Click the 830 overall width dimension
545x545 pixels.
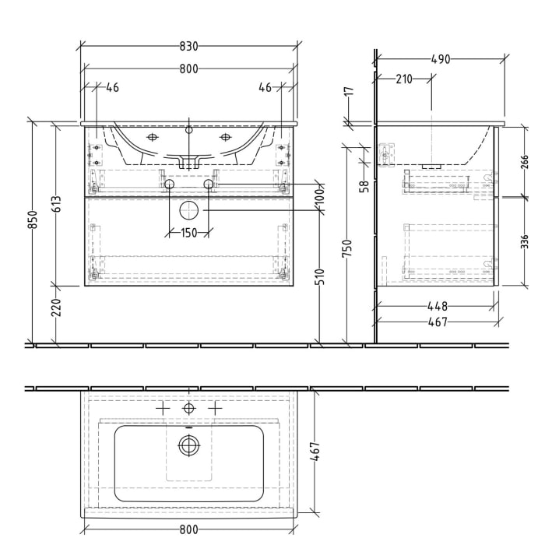coord(188,46)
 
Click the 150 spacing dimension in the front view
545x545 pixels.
coord(188,234)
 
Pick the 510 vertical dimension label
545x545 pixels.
coord(318,276)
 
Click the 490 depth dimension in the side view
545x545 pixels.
coord(440,59)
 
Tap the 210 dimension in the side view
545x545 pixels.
coord(403,79)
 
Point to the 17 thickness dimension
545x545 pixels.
coord(350,92)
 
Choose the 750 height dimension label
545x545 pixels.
coord(350,248)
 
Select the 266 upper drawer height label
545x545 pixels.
coord(524,161)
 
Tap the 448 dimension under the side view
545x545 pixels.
coord(436,306)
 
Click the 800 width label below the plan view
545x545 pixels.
coord(188,531)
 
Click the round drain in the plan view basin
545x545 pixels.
coord(188,445)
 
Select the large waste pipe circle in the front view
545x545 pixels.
coord(188,210)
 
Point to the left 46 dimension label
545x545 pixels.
coord(112,88)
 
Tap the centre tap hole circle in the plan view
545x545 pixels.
coord(188,408)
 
